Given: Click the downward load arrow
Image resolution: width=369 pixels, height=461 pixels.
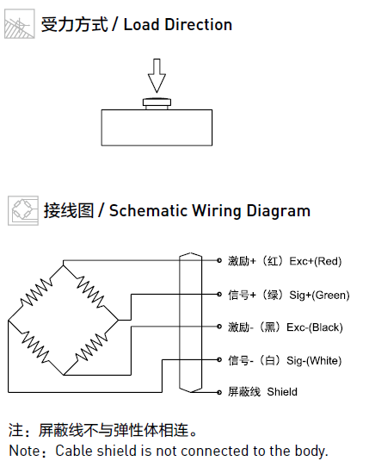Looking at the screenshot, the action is point(157,76).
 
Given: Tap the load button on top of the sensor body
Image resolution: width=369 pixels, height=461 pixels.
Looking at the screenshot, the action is point(157,103).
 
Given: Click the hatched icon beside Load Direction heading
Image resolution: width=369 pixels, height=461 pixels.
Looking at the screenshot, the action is point(20,23).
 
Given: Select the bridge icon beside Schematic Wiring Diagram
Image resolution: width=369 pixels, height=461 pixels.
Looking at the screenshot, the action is point(23,210).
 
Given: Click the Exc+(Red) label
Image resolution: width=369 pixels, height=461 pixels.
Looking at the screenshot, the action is point(316,261).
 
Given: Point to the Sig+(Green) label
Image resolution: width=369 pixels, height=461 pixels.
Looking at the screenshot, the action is point(319,295).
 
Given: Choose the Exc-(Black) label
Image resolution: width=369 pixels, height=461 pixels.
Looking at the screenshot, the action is point(315,327).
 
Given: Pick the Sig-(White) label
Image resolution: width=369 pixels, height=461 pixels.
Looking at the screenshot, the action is point(314,360).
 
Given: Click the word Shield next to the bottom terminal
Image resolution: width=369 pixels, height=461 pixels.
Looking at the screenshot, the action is point(282,392).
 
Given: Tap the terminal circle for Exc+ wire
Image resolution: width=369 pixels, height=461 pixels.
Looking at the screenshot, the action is point(219,260).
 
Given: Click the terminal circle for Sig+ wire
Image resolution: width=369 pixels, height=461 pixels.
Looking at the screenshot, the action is point(219,294).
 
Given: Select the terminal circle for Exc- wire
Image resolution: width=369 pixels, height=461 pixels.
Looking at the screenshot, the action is point(219,327).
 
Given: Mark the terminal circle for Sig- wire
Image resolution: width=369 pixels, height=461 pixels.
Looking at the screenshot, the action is point(219,359).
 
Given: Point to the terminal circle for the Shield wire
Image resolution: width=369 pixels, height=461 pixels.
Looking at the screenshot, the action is point(219,392).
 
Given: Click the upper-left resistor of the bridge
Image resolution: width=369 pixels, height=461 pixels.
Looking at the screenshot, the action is point(36,292).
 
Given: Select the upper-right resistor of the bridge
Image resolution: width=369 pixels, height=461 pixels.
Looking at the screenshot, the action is point(90,291).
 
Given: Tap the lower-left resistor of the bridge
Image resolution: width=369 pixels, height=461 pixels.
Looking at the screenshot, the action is point(36,347).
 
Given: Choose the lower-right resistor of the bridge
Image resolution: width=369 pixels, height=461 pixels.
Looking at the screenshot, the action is point(91,347).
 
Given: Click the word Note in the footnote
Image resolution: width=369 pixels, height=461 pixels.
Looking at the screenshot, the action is point(25,451).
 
